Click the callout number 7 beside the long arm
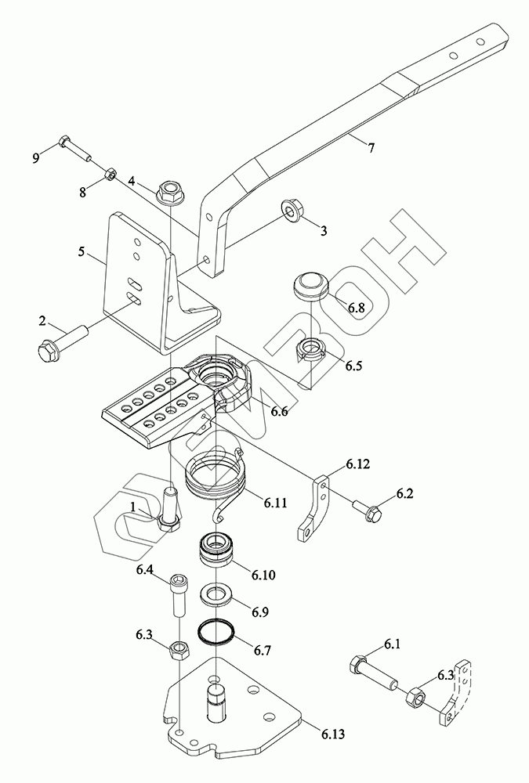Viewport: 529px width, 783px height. tap(371, 148)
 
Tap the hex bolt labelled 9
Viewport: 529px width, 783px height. tap(75, 148)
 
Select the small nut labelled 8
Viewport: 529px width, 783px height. tap(111, 175)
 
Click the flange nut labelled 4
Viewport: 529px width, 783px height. tap(169, 192)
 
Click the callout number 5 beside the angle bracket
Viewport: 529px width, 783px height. tap(81, 251)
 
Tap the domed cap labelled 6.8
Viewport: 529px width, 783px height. tap(310, 286)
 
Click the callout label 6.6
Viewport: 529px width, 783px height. tap(280, 412)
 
